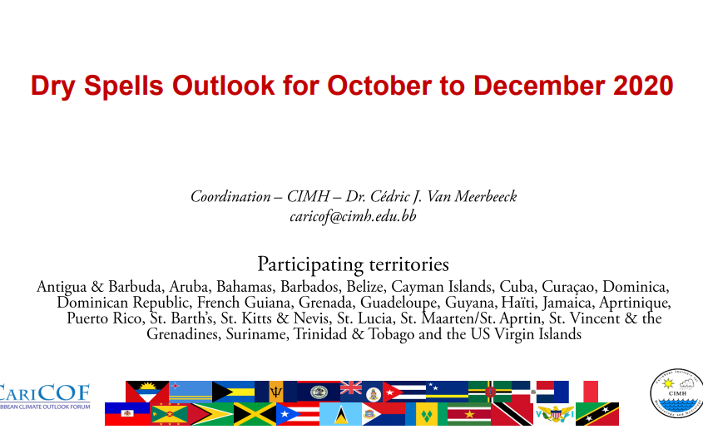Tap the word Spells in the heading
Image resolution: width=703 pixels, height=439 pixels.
click(x=123, y=86)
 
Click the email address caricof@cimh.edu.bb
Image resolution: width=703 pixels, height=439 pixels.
click(x=353, y=216)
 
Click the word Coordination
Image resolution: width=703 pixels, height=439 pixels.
click(x=230, y=196)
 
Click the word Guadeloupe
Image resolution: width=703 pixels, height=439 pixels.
click(x=399, y=303)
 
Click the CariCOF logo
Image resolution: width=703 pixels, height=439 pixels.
click(x=45, y=397)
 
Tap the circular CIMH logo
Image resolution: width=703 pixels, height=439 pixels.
click(x=676, y=393)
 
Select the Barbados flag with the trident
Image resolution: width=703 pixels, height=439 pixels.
click(x=275, y=392)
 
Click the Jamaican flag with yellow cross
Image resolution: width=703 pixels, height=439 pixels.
click(x=255, y=413)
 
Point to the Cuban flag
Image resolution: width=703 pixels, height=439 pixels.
click(x=404, y=392)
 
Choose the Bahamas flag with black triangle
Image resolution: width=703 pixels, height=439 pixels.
click(x=233, y=392)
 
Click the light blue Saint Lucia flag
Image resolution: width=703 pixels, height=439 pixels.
click(x=340, y=413)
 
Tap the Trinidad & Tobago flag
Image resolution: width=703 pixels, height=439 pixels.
click(x=512, y=413)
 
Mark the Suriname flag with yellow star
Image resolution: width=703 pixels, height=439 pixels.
click(x=469, y=413)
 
